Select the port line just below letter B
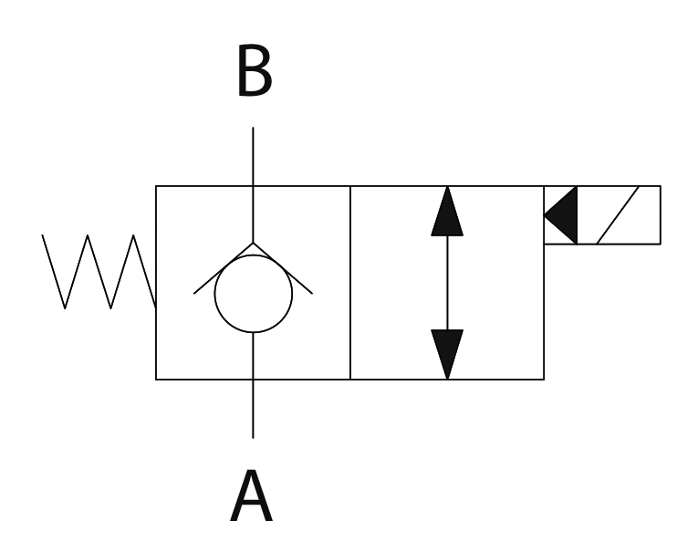click(253, 155)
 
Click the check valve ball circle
click(253, 295)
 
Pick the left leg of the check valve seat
click(224, 269)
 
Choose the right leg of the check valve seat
click(283, 269)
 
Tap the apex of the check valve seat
click(253, 244)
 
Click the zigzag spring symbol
click(99, 271)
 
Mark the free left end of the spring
click(43, 235)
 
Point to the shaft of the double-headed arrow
click(447, 283)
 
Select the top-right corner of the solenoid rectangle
click(661, 186)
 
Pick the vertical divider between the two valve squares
click(350, 283)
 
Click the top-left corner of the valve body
click(156, 186)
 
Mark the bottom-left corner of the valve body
click(156, 379)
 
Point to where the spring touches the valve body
click(156, 306)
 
